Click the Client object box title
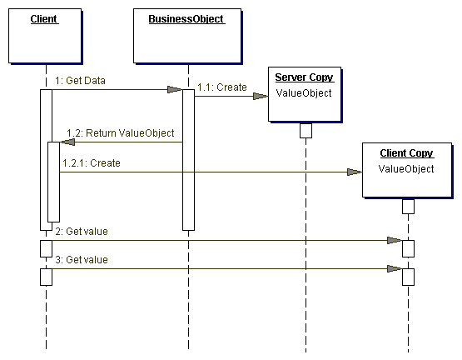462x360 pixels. tap(44, 19)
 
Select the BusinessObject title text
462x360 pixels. tap(186, 19)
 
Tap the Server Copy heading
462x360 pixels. tap(304, 77)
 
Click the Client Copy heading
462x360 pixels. tap(406, 153)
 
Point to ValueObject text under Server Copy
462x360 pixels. tap(304, 93)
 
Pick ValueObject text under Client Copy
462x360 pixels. tap(406, 169)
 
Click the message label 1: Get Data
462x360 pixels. tap(80, 81)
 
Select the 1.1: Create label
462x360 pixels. tap(222, 87)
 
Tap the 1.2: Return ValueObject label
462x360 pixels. tap(120, 133)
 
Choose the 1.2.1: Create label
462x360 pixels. tap(92, 163)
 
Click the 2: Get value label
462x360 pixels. tap(82, 232)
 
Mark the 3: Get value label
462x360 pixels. tap(82, 260)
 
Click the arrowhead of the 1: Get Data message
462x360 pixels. tap(175, 89)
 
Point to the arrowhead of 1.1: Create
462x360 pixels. tap(261, 96)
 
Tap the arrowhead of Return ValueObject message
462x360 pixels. tap(67, 142)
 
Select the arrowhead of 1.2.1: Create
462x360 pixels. tap(355, 172)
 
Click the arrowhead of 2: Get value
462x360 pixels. tap(395, 241)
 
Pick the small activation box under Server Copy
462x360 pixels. tap(306, 131)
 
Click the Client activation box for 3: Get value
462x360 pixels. tap(47, 277)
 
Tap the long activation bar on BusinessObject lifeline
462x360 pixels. tap(189, 160)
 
